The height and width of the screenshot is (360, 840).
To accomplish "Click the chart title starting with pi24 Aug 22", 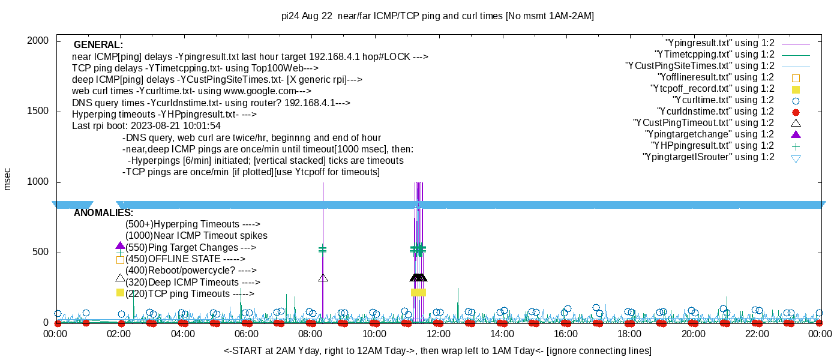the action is [437, 16].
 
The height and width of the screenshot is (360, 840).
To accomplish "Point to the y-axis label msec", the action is [7, 179].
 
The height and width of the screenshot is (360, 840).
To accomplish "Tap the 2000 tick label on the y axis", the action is [38, 41].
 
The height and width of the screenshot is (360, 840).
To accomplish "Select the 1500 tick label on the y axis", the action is [38, 111].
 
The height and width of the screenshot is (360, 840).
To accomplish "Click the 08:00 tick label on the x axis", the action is [310, 334].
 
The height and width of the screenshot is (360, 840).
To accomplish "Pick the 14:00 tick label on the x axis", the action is [502, 334].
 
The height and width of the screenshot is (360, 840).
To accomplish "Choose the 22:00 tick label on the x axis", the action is [757, 334].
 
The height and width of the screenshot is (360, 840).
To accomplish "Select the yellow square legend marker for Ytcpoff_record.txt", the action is [796, 89].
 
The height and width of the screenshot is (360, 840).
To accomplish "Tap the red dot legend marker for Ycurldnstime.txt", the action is [796, 112].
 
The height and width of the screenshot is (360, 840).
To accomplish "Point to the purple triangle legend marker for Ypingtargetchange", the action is [796, 134].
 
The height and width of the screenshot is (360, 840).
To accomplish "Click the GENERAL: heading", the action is [98, 44].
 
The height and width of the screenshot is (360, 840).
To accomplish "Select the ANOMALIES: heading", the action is [103, 212].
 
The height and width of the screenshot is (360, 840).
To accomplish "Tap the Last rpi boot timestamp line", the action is [146, 125].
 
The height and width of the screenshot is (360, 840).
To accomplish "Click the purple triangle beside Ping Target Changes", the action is [120, 245].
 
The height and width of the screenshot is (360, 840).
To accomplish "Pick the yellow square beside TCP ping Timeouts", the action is [120, 293].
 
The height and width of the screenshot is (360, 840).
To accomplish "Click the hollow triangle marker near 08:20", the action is [323, 278].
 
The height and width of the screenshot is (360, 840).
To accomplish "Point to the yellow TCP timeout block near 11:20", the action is [419, 293].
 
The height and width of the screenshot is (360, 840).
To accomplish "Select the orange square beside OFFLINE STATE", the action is [120, 260].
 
